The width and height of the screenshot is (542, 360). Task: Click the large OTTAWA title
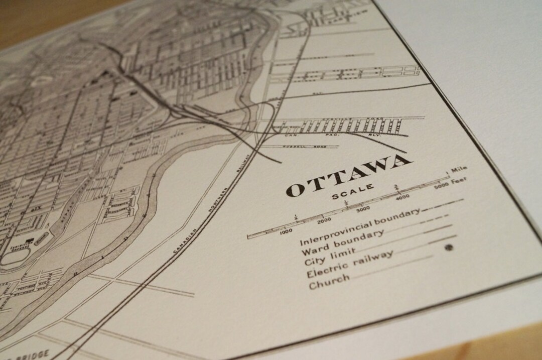point(349,175)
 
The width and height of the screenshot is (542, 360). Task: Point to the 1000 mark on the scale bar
point(285,231)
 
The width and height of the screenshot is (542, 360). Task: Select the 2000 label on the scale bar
point(324,219)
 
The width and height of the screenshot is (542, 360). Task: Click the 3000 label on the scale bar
point(362,208)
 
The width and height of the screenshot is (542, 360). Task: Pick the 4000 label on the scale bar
point(402,197)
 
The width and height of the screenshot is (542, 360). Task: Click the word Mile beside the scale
point(459,170)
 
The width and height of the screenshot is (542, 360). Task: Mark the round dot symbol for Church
point(448,247)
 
